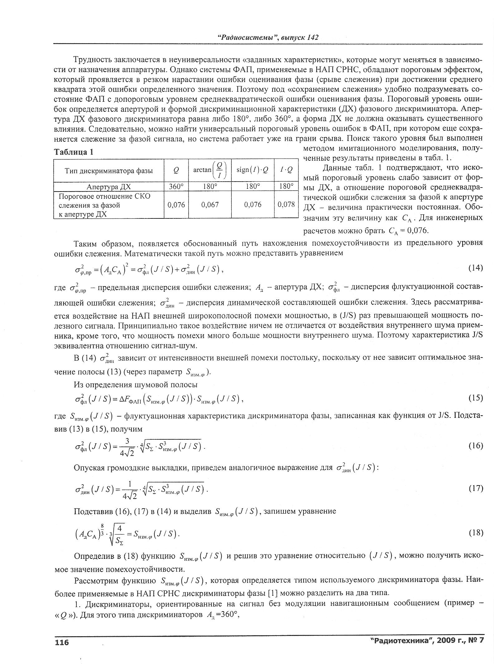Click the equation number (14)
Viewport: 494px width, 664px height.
[475, 268]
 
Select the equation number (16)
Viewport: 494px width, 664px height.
[475, 446]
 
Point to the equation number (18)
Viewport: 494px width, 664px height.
[475, 533]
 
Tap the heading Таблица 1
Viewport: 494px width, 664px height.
[74, 152]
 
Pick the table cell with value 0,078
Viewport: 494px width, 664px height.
[286, 205]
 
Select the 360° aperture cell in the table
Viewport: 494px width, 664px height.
[176, 187]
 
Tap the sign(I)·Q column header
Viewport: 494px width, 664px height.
[253, 170]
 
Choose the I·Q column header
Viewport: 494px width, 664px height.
[286, 170]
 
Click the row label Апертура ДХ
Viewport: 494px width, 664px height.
[109, 187]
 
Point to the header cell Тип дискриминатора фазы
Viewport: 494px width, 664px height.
[109, 170]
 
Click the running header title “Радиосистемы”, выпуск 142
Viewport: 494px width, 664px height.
[267, 37]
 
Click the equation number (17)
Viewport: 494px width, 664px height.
[475, 488]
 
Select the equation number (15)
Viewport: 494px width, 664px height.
[475, 398]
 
